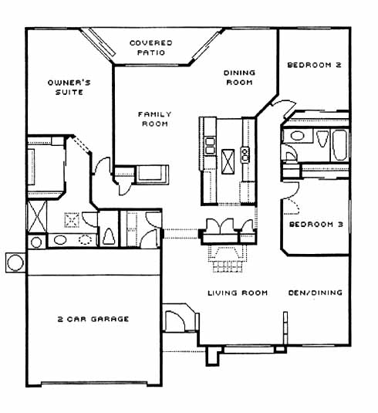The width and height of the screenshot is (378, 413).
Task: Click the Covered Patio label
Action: point(151,48)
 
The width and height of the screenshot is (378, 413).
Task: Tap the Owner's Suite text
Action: point(69,87)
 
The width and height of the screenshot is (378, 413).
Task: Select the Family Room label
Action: point(155,119)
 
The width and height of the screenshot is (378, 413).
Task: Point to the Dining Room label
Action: point(239,77)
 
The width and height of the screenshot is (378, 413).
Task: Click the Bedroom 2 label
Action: point(314,65)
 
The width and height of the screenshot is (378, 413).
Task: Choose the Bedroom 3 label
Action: point(316,225)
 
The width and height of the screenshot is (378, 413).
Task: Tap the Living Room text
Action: point(238,293)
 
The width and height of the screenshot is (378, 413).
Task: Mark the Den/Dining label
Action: point(316,293)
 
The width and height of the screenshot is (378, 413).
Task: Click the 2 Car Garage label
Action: point(93,319)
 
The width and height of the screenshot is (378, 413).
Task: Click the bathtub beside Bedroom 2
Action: point(340,145)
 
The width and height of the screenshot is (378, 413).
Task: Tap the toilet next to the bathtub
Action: point(322,138)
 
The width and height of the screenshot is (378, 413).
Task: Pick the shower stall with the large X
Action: point(37,216)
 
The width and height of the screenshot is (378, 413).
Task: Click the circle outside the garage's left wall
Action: point(15,262)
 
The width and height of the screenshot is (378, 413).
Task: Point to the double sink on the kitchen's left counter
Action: point(210,146)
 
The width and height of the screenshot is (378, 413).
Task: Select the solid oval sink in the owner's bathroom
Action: point(59,240)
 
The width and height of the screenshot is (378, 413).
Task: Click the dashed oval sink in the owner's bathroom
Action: point(86,239)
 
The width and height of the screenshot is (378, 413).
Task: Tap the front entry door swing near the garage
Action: point(175,321)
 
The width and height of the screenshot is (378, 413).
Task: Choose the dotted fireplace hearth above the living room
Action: point(228,259)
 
